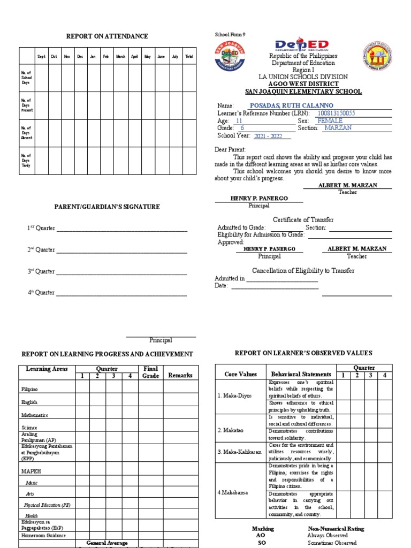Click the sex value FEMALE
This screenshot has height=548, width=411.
point(330,121)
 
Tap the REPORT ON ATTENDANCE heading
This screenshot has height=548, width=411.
point(107,36)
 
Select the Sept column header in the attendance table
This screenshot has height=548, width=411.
point(41,56)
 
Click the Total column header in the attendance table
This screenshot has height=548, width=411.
point(189,56)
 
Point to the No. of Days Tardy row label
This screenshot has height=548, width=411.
point(26,161)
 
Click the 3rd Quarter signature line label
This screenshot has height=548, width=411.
point(41,271)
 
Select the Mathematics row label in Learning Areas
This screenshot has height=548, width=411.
point(35,415)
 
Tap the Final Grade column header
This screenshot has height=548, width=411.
point(151,372)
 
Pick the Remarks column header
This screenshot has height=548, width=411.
point(180,375)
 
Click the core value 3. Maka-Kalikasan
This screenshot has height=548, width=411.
point(239,452)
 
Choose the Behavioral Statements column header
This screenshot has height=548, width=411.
point(300,374)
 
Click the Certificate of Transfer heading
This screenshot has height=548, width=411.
point(303,220)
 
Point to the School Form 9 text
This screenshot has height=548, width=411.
point(230,35)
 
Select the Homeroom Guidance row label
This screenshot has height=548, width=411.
point(44,535)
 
